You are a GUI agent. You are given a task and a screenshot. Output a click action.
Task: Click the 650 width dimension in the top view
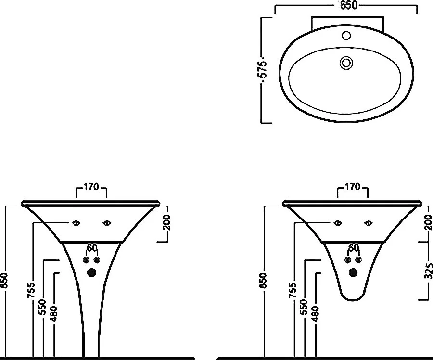click(348, 5)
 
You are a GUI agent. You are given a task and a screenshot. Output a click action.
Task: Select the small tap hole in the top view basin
click(346, 35)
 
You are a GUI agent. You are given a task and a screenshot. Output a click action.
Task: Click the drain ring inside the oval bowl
click(346, 63)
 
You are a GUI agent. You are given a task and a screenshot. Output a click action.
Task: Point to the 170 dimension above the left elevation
click(91, 187)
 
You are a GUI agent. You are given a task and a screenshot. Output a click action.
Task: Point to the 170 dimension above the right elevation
click(353, 187)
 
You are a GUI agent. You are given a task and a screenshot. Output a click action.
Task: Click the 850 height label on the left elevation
click(4, 280)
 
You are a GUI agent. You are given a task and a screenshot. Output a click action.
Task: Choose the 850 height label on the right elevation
click(264, 280)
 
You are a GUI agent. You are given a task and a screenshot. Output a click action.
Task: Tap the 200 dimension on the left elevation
click(166, 222)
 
